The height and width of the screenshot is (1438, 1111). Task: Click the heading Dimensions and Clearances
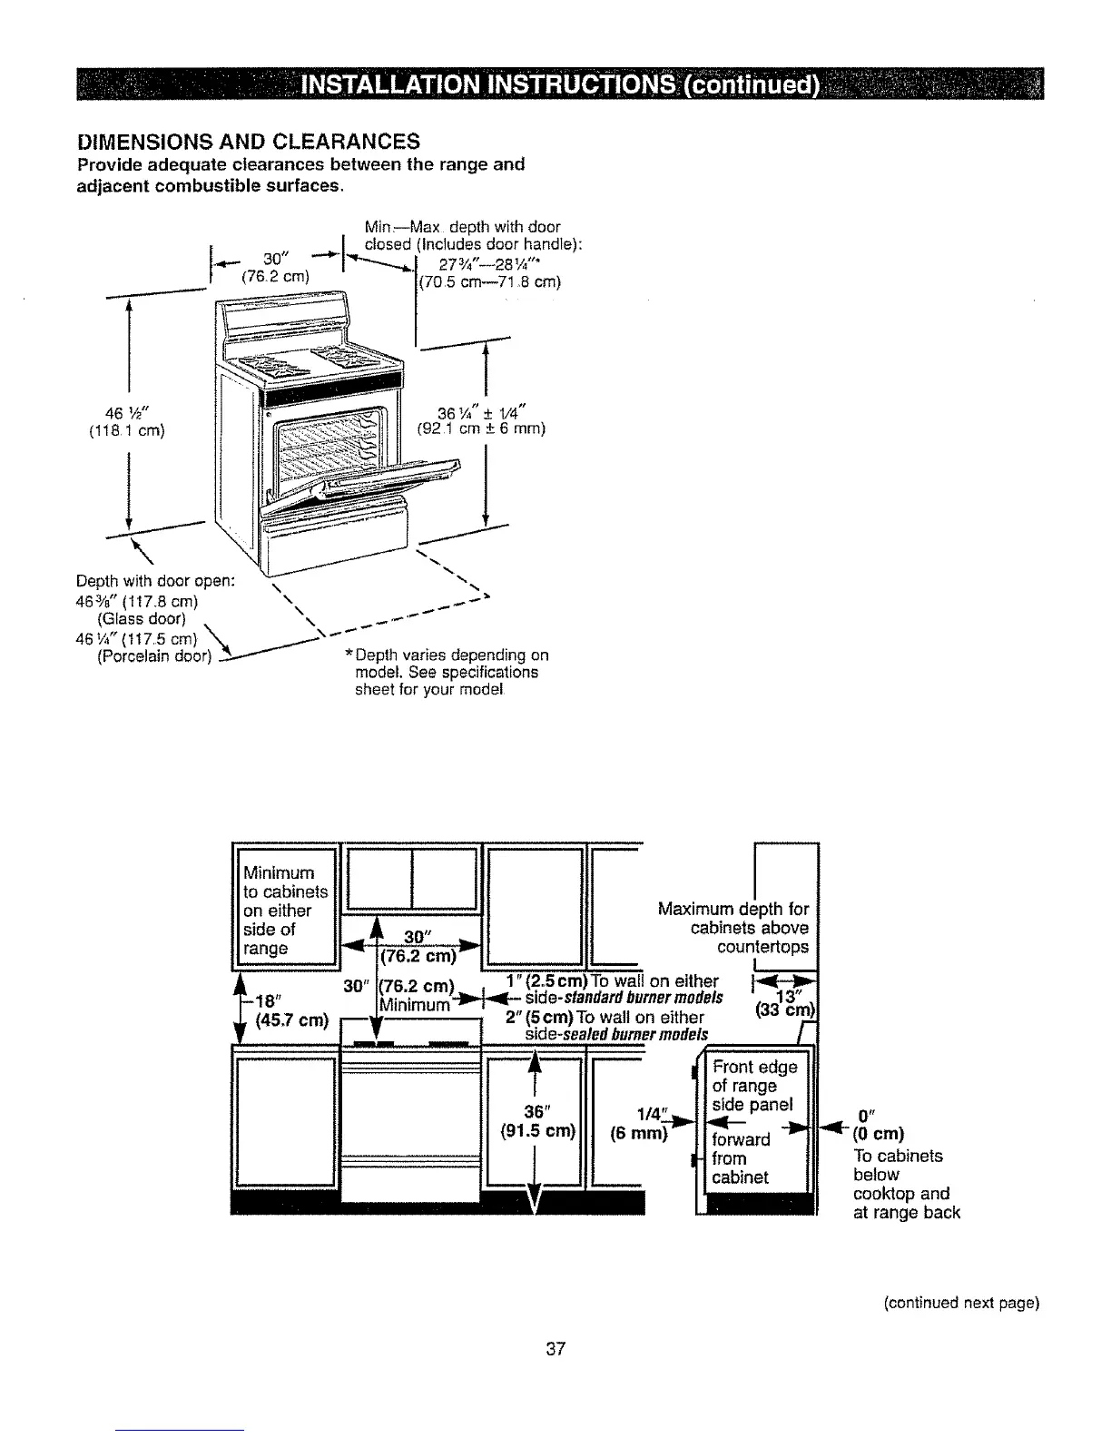[x=249, y=141]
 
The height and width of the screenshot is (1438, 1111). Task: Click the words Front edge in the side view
[x=754, y=1067]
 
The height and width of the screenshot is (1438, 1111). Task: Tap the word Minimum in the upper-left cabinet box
[x=278, y=873]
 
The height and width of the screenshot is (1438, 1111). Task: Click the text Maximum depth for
[x=732, y=909]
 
